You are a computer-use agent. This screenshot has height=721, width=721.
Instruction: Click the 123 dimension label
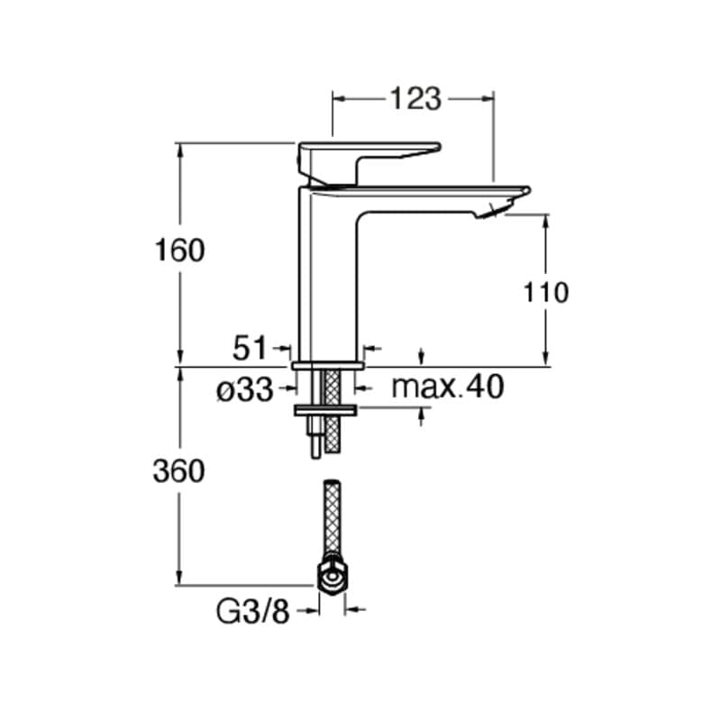[415, 98]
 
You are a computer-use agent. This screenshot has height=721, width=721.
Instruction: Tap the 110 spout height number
[545, 292]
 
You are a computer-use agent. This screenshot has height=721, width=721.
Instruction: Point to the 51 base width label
[251, 347]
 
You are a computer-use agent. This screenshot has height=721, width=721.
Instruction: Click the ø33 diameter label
[245, 389]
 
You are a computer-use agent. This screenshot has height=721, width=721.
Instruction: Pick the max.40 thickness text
[448, 388]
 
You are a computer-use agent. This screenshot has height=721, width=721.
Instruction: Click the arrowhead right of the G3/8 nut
[353, 610]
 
